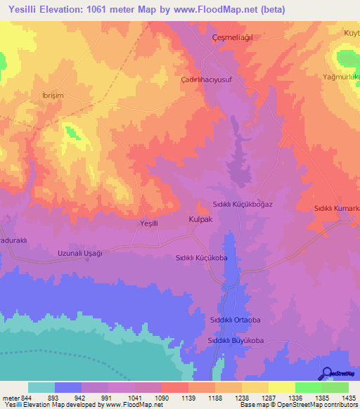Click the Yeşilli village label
152,223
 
